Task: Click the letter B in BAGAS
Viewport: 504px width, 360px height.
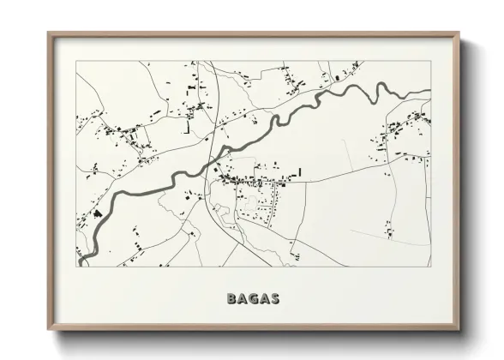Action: click(231, 299)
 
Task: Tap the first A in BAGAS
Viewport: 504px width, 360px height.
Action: click(243, 299)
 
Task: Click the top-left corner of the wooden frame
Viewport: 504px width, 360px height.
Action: click(48, 33)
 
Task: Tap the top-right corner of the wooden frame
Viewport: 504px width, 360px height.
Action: click(459, 33)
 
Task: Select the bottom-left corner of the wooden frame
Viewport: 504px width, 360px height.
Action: click(48, 331)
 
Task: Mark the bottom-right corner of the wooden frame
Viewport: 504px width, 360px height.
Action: click(459, 331)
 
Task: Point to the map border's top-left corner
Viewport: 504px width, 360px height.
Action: click(77, 61)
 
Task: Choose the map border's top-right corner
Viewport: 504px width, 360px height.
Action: click(431, 61)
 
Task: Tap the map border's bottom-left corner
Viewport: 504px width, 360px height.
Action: click(77, 266)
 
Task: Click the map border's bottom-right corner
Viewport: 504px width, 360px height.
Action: click(431, 266)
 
